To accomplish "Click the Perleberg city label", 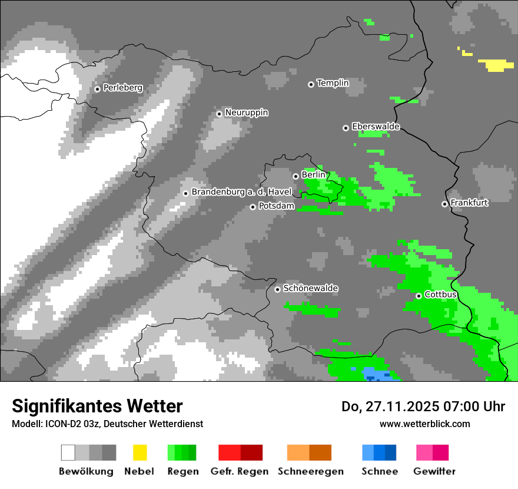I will tap(122, 88).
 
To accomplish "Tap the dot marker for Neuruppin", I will tap(219, 114).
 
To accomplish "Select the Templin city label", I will tap(333, 83).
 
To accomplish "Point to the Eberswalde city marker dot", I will tap(346, 128).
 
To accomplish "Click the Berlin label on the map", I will tap(313, 175).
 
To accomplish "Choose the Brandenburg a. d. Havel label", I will tap(241, 192).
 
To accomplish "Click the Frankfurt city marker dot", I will tap(444, 204).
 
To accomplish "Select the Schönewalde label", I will tap(310, 288).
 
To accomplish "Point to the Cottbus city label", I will tap(440, 294).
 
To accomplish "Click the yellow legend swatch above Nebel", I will tap(140, 452).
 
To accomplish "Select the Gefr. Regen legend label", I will tap(240, 471).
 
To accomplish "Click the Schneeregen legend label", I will tap(311, 471).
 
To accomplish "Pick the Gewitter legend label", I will tap(434, 471).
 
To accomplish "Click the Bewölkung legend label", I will tap(86, 471).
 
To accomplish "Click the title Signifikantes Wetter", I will tap(97, 406).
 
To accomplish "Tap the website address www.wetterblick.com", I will tap(424, 424).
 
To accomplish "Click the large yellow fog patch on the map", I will tap(496, 65).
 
